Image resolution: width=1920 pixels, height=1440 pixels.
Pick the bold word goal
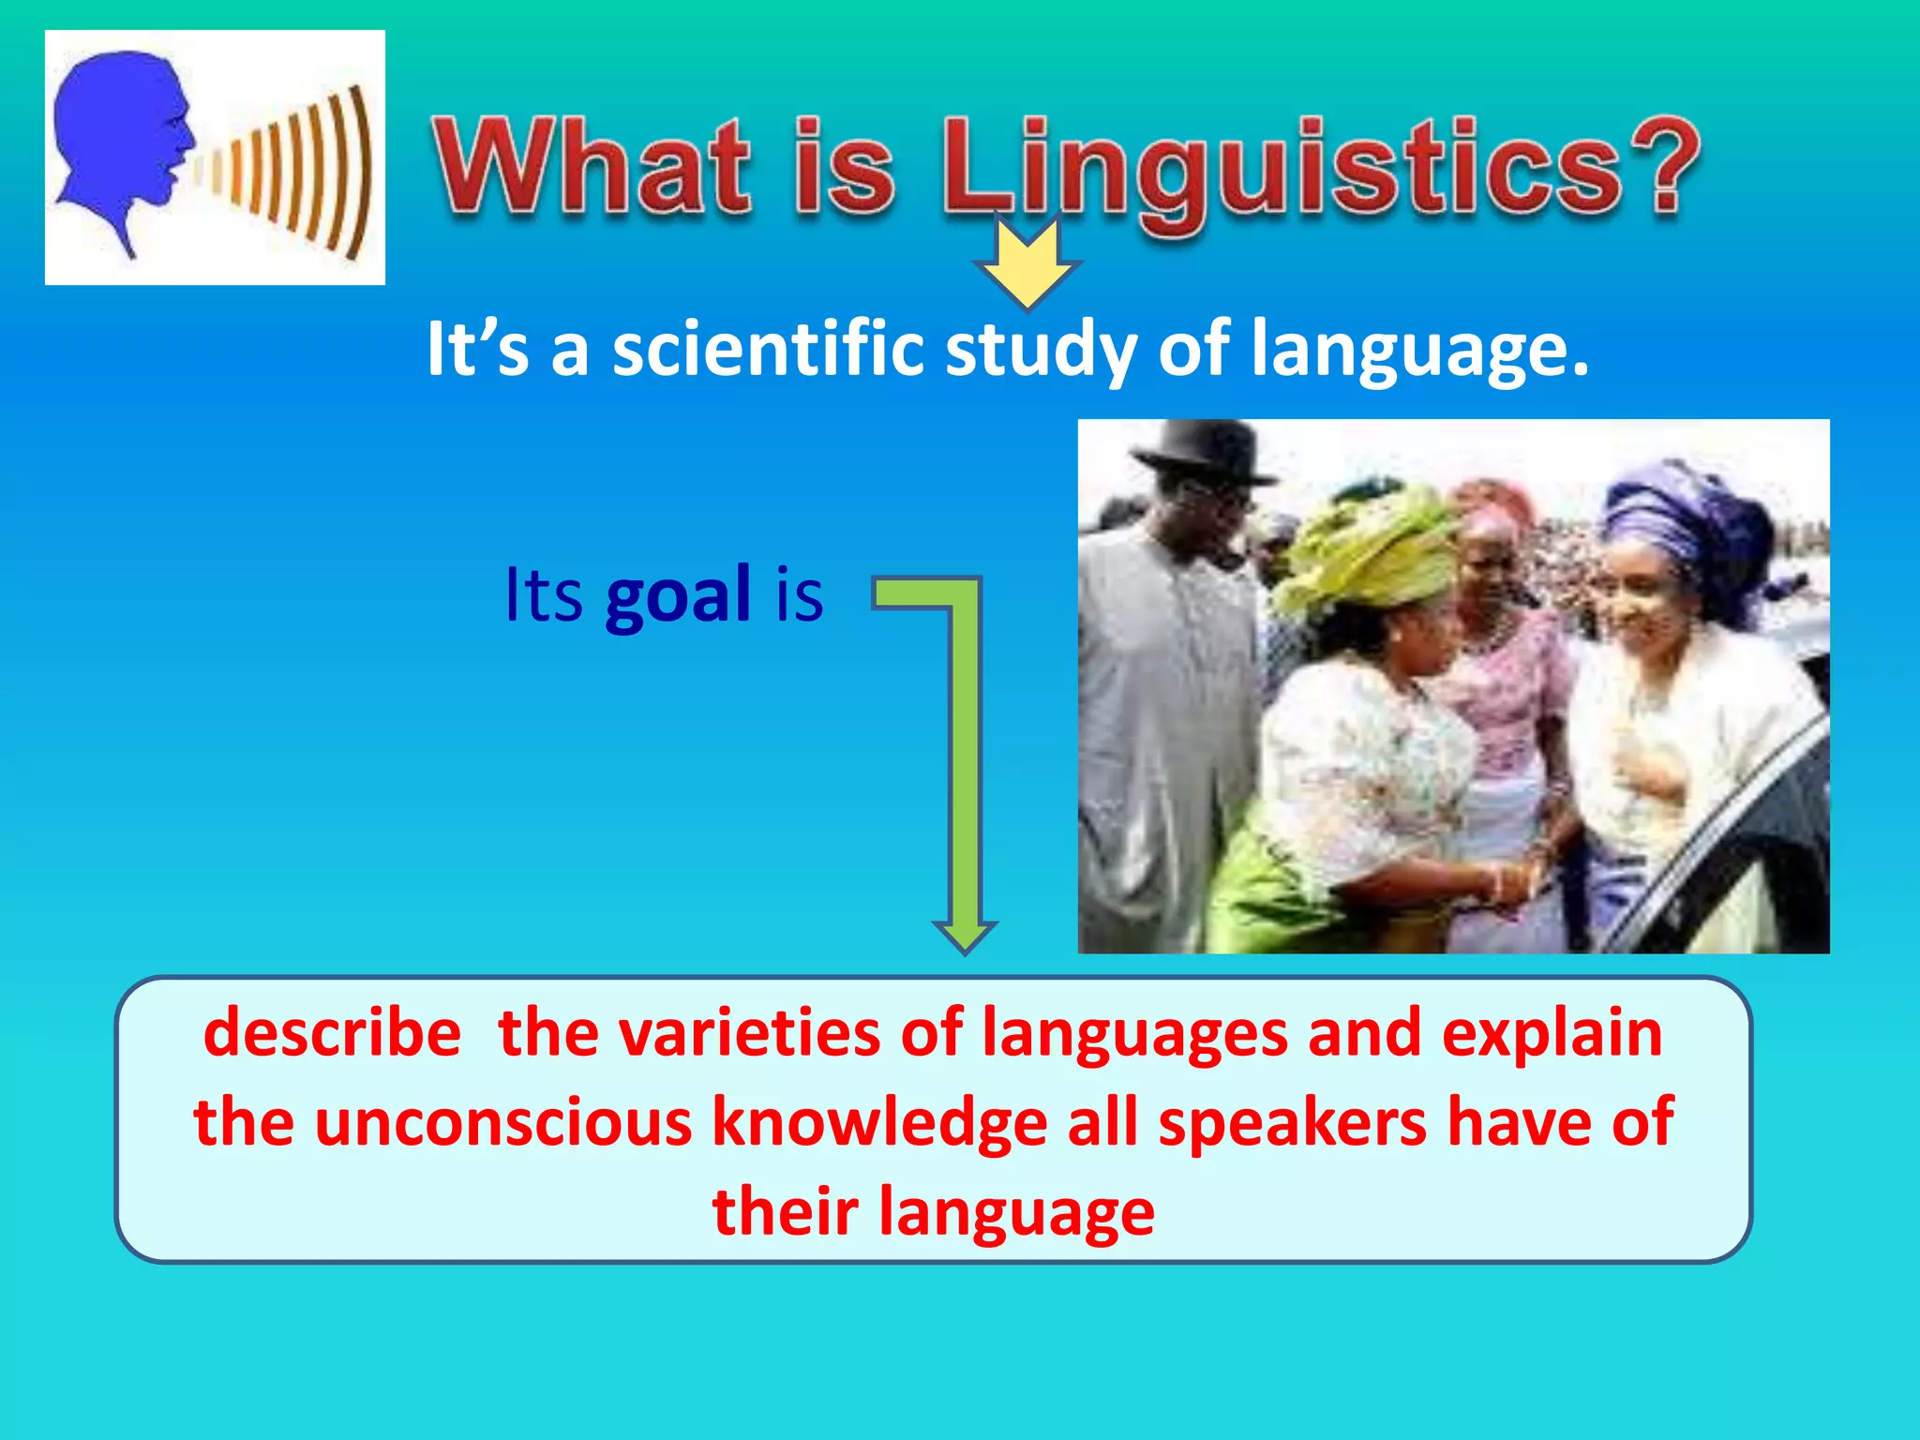click(678, 595)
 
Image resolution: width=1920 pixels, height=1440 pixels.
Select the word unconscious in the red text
click(502, 1122)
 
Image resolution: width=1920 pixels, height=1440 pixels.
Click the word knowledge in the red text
click(878, 1122)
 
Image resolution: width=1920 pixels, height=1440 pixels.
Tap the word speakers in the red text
click(1292, 1122)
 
